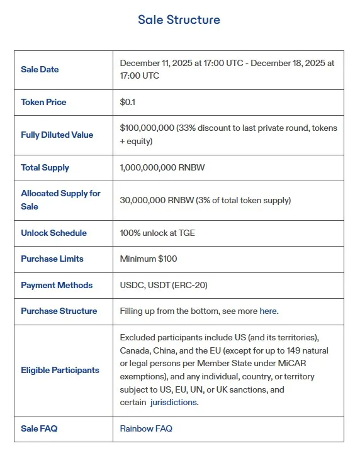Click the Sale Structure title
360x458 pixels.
point(179,20)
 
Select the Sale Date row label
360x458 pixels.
point(40,69)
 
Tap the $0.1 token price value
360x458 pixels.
point(128,102)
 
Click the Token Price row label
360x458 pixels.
point(43,102)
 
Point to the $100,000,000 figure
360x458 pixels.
point(147,128)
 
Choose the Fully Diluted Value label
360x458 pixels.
point(57,135)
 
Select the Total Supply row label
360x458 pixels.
point(45,167)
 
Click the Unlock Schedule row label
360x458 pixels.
point(53,233)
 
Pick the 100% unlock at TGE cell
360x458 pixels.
point(157,233)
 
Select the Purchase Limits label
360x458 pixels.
point(52,259)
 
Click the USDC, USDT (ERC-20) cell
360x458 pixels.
point(164,285)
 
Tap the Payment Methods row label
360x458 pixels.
point(57,285)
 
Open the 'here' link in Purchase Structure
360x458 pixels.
point(268,311)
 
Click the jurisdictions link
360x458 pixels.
point(173,403)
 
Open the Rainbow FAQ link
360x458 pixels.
point(146,428)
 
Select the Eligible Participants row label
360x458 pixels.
point(60,370)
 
